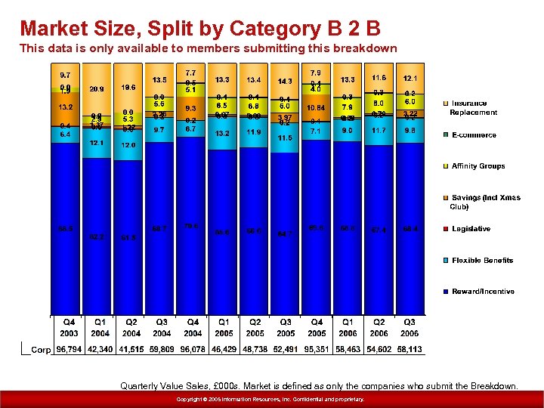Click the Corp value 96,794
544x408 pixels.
click(69, 350)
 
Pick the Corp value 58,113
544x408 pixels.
click(410, 350)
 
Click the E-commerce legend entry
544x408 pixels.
click(474, 135)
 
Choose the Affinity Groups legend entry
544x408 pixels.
click(478, 166)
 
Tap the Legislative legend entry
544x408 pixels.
click(471, 229)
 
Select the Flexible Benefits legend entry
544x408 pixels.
click(482, 261)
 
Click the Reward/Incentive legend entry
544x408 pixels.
click(483, 292)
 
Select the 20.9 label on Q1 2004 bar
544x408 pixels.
click(97, 88)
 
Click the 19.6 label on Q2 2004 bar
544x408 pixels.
click(128, 87)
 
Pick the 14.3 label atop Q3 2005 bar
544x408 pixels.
click(286, 81)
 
